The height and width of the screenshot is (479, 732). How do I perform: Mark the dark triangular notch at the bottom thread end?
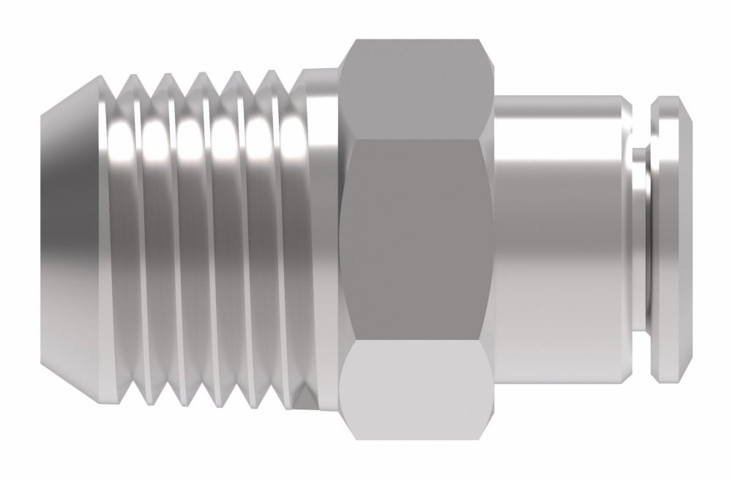[x=306, y=396]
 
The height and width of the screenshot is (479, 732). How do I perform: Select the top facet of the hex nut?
[x=414, y=88]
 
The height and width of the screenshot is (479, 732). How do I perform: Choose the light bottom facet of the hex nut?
[x=414, y=388]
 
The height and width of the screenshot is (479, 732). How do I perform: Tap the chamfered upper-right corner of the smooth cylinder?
[x=626, y=103]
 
